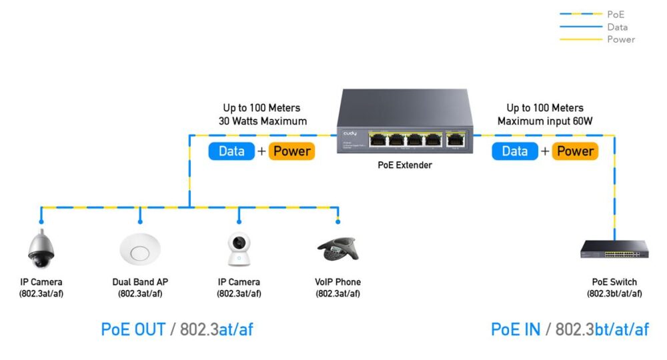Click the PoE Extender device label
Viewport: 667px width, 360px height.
click(405, 165)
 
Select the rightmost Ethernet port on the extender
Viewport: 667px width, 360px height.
click(456, 140)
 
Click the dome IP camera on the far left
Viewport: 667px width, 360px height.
click(41, 249)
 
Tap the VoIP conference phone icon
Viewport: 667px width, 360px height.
click(338, 250)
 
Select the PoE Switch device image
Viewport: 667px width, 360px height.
click(614, 250)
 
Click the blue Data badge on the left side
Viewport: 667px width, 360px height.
click(231, 151)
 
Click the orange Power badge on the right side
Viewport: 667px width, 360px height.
click(575, 151)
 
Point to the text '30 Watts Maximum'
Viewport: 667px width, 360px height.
click(262, 121)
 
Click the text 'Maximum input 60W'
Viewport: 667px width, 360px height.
click(545, 121)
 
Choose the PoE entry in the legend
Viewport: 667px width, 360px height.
click(614, 14)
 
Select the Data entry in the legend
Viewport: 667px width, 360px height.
click(617, 27)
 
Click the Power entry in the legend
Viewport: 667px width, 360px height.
click(620, 39)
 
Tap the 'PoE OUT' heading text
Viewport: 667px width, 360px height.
click(133, 329)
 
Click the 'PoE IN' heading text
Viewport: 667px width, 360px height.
click(515, 329)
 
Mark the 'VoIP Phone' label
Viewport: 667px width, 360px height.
click(338, 282)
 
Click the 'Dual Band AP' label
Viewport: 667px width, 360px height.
click(140, 282)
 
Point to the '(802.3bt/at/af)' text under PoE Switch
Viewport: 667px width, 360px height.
click(614, 293)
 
